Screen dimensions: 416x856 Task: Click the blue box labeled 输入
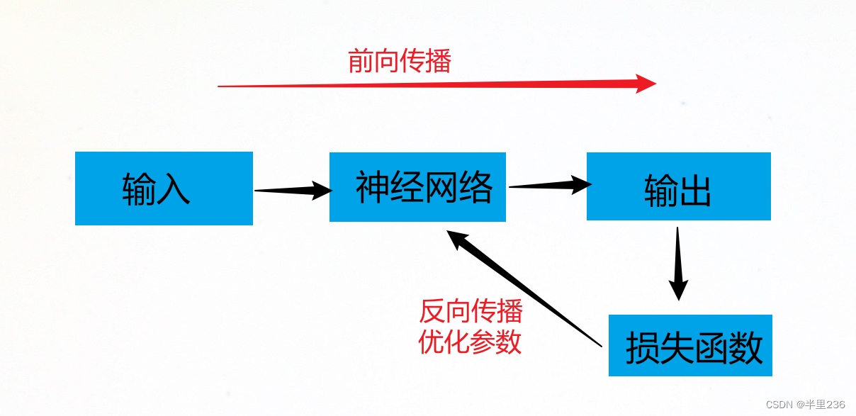tap(164, 189)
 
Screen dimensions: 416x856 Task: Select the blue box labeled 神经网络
tap(417, 187)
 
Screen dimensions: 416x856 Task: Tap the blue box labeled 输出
tap(678, 186)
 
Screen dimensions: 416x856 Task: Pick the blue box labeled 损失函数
tap(689, 345)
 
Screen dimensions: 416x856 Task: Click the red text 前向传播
tap(400, 62)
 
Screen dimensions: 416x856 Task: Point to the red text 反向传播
tap(471, 311)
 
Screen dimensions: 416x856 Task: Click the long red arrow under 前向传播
tap(425, 84)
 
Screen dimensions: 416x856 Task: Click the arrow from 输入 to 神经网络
tap(292, 189)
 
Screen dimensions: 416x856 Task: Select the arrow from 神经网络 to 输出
tap(549, 186)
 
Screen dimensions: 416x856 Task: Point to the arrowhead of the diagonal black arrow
tap(456, 240)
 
